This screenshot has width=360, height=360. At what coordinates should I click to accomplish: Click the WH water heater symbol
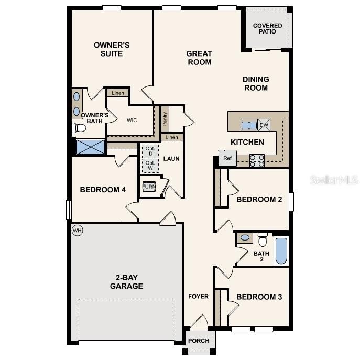coord(77,230)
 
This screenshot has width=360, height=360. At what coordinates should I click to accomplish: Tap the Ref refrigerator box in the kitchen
coord(227,158)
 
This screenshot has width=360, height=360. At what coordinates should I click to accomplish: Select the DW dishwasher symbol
coord(264,125)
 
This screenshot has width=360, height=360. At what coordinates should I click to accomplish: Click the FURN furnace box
coord(149,187)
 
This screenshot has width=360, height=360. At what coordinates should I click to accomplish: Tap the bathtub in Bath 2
coord(281,251)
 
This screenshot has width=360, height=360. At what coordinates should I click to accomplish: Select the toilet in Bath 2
coord(263,239)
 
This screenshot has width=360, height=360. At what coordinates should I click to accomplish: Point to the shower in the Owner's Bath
coord(90,147)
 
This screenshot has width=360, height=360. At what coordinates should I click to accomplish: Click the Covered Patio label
coord(267,29)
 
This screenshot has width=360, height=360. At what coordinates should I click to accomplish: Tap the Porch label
coord(199,341)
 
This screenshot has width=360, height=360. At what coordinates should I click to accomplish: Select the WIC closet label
coord(132,120)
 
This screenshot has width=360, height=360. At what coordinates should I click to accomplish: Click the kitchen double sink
coord(248,125)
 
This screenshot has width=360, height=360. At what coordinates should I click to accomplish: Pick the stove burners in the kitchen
coord(257,160)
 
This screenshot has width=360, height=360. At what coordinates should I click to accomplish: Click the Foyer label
coord(199,297)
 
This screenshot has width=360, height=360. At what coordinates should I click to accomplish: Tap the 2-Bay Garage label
coord(126,282)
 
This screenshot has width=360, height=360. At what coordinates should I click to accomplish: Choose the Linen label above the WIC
coord(118,93)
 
